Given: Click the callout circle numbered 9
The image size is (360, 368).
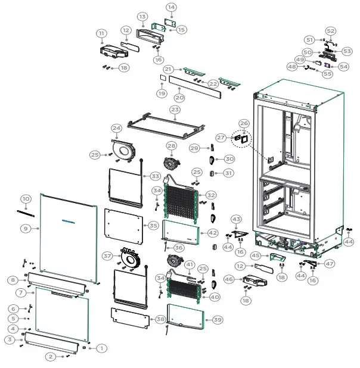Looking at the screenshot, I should point(26,228).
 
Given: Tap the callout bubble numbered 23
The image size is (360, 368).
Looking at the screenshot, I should point(175,110).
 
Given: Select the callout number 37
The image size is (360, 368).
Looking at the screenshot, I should point(107,255).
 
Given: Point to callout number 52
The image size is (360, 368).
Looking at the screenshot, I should point(331,31).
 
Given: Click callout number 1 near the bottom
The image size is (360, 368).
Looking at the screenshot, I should point(101,348).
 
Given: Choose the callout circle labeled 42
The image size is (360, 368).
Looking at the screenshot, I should point(213,233).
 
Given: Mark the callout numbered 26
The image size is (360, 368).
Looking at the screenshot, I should point(244,123).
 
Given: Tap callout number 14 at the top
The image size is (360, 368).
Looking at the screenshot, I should point(171,7).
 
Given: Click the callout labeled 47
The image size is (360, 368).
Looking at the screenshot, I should point(330,263).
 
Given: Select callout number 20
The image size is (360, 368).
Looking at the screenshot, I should point(179,97).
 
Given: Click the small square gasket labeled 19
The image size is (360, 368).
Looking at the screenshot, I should point(162,77).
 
